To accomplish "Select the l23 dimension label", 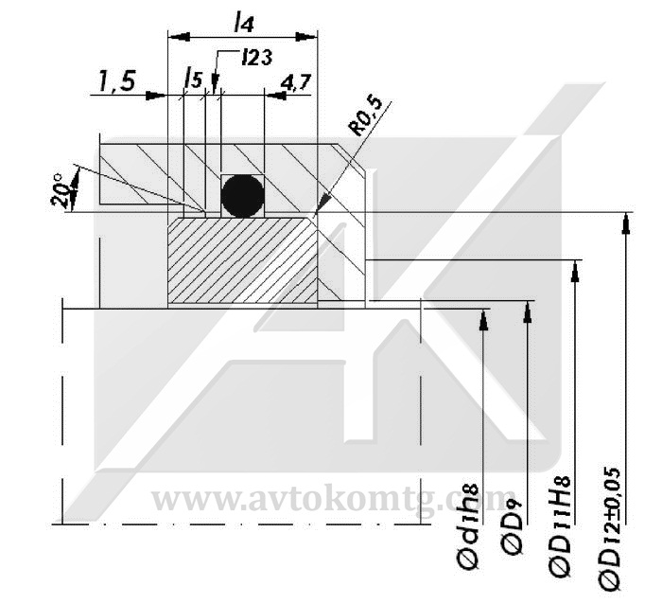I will coord(257,57).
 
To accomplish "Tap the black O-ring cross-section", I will coord(243,195).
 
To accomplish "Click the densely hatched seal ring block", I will coord(242,260).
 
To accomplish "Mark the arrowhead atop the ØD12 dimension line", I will coord(623,223).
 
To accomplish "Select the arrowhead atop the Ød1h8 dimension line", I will coord(483,319).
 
